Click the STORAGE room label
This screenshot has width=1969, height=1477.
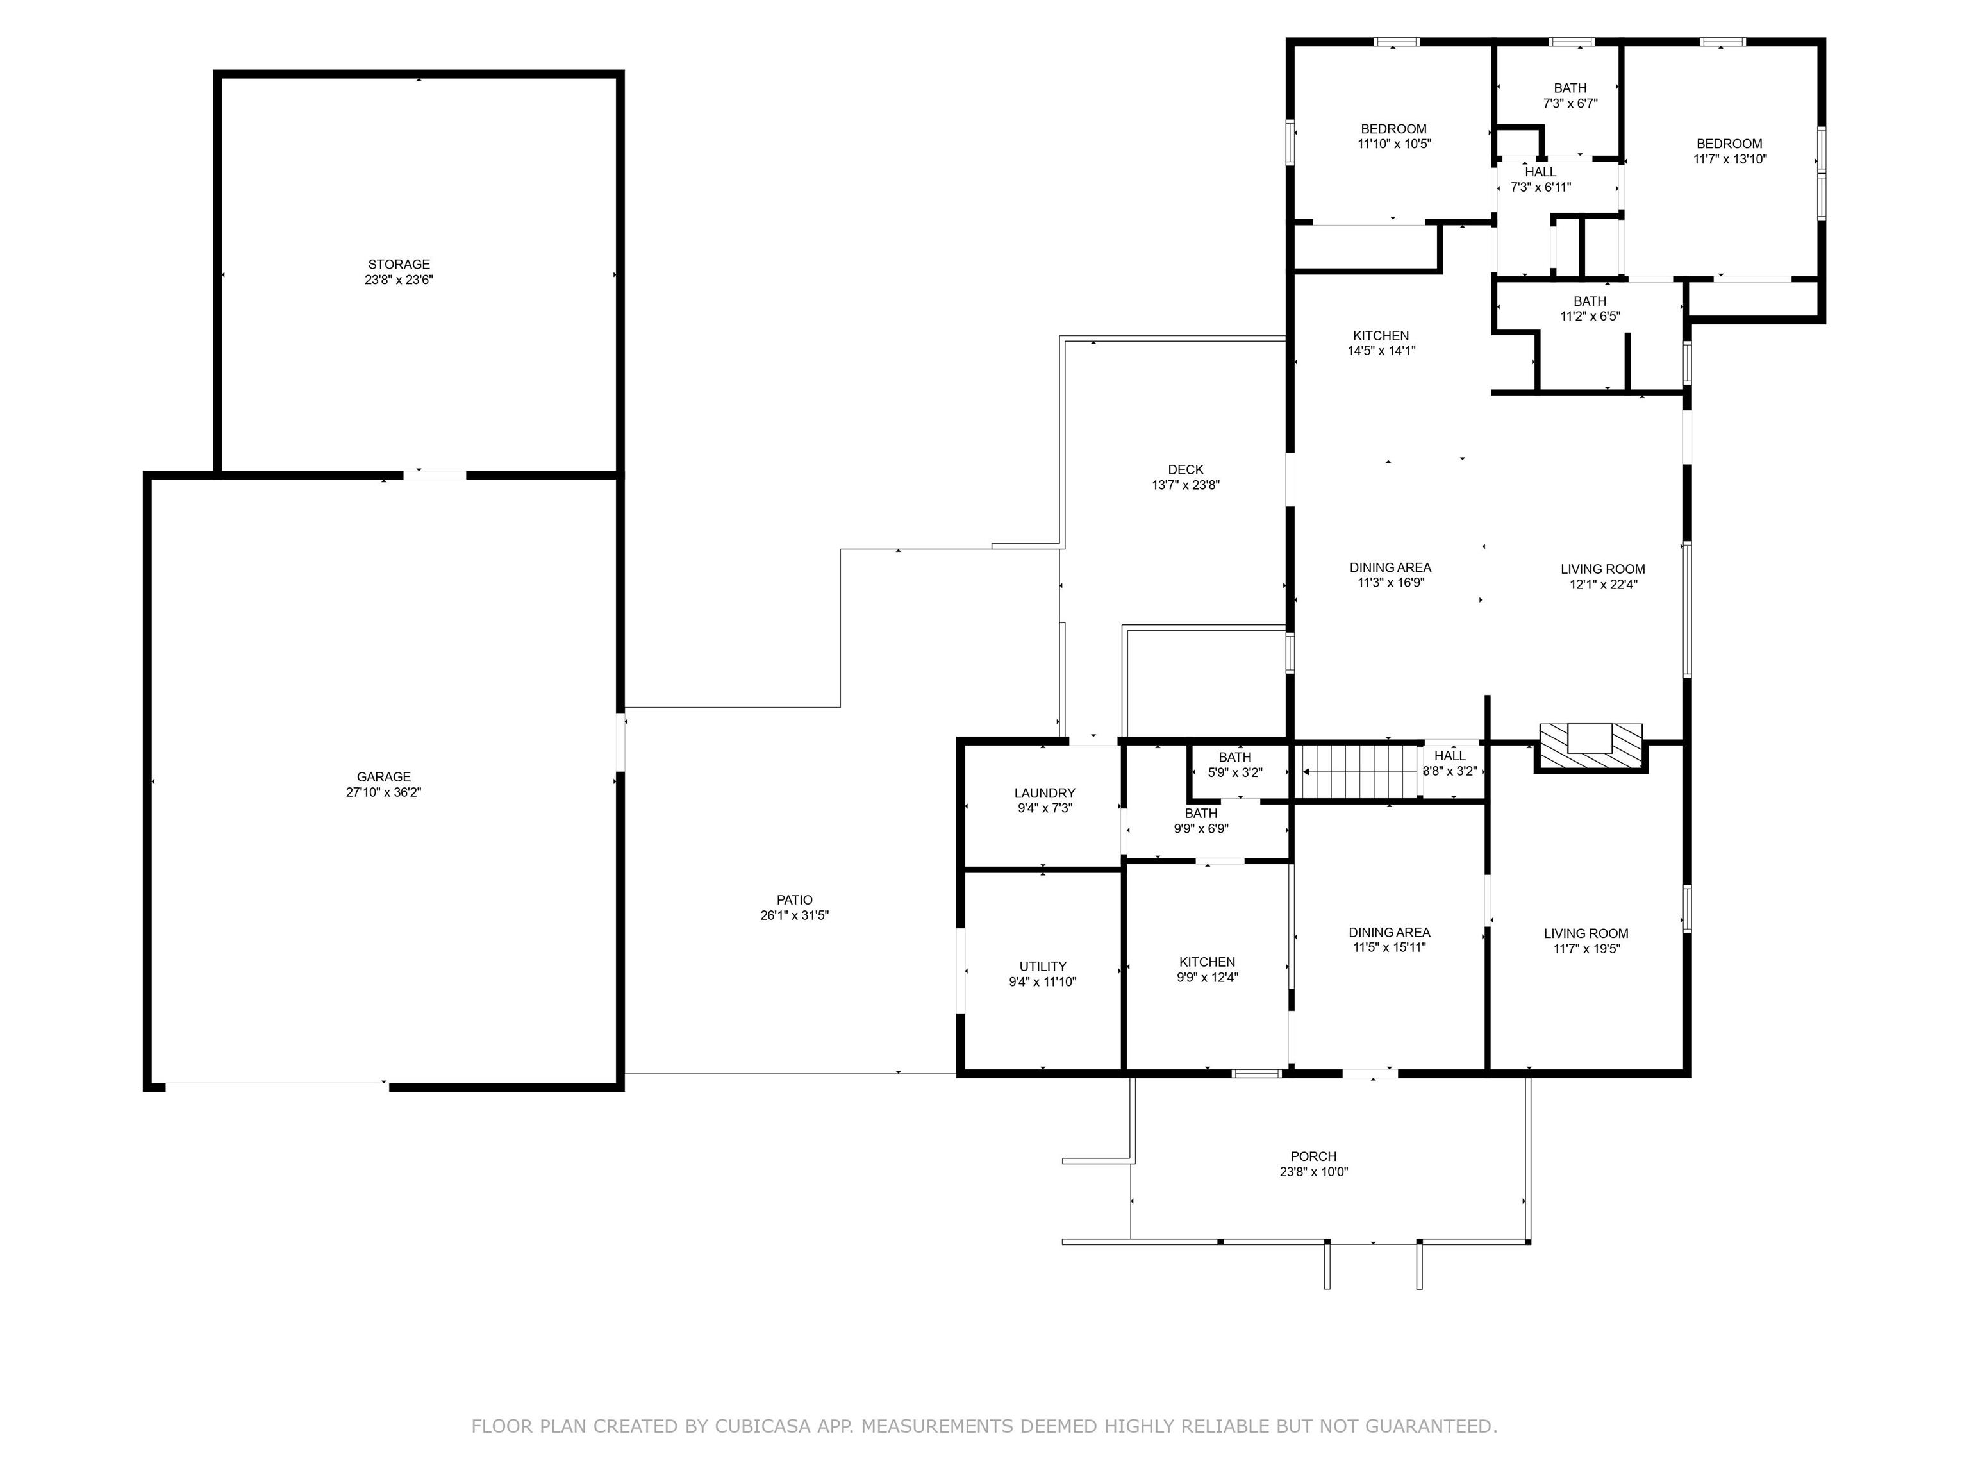click(399, 264)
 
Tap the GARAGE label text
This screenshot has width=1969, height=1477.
click(384, 777)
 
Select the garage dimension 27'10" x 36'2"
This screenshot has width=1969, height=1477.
click(384, 792)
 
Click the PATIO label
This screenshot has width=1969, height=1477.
click(794, 900)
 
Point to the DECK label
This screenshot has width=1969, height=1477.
click(1186, 470)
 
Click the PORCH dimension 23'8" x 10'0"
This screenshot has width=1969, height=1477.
click(1314, 1172)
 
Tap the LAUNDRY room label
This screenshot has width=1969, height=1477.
click(1045, 793)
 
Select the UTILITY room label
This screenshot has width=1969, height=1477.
click(1043, 967)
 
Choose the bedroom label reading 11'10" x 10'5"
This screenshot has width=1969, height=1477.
click(1394, 144)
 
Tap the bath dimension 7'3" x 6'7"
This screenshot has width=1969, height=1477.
click(1570, 103)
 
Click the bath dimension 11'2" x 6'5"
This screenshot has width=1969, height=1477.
click(1590, 316)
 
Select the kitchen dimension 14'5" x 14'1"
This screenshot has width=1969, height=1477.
click(1381, 351)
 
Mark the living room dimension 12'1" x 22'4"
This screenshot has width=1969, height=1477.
click(1603, 585)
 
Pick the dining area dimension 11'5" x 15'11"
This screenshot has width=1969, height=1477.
click(1390, 947)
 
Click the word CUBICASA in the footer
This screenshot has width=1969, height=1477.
click(763, 1426)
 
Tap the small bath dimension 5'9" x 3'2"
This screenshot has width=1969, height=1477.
click(1234, 772)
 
